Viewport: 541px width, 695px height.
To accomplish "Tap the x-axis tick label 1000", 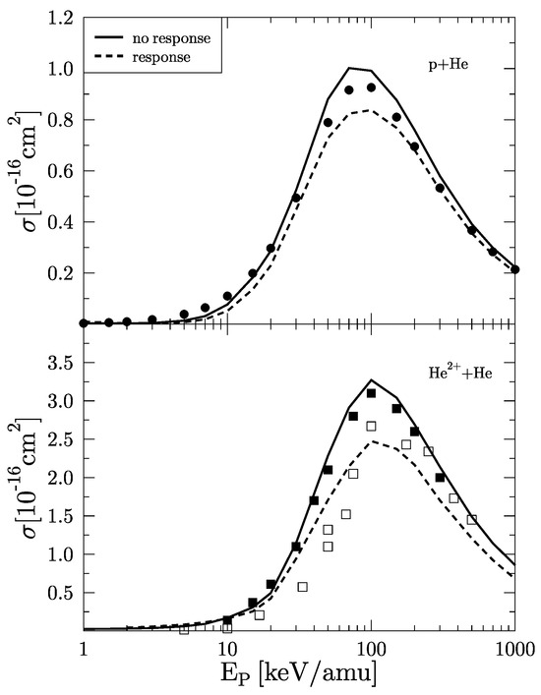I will pos(513,650).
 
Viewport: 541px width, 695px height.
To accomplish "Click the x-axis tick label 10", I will pos(227,650).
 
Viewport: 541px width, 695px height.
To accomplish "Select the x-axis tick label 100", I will pos(371,650).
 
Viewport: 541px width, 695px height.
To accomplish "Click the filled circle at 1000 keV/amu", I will pos(514,269).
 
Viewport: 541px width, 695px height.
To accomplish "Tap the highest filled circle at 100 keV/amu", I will pos(371,87).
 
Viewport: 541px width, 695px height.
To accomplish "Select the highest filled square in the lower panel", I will pos(371,393).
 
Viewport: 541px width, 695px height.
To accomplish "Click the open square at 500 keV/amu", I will pos(471,518).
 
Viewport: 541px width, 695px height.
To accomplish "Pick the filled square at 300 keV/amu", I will pos(440,478).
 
